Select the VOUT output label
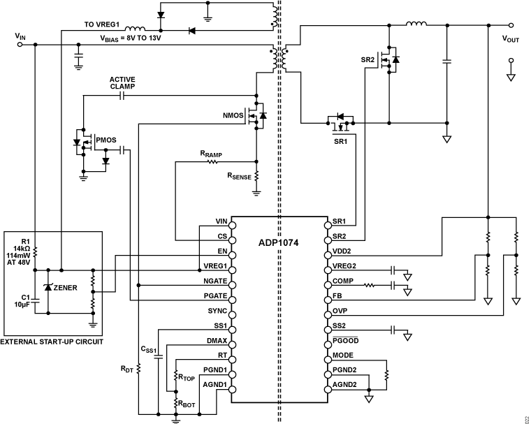[x=510, y=39]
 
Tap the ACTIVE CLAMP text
[x=122, y=82]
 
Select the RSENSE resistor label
[x=238, y=177]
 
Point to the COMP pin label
[x=344, y=284]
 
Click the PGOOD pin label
[x=347, y=341]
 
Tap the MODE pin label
[x=344, y=356]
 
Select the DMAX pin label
[x=214, y=342]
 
